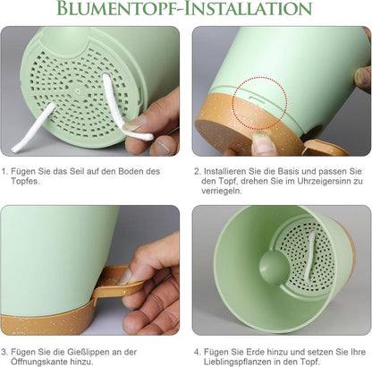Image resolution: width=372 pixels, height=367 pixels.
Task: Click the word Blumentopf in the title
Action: (x=117, y=8)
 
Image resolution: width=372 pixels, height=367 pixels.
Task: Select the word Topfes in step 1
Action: (x=25, y=181)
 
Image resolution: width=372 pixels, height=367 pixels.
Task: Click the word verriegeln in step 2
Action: (x=221, y=191)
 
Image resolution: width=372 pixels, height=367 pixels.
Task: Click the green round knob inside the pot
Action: (x=271, y=267)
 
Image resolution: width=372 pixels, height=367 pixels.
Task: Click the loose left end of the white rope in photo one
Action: (x=15, y=149)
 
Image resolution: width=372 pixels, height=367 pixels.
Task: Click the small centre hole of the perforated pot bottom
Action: (x=78, y=90)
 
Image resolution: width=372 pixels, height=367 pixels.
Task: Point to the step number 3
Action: (x=4, y=352)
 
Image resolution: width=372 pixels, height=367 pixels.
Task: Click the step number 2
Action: (x=197, y=172)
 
